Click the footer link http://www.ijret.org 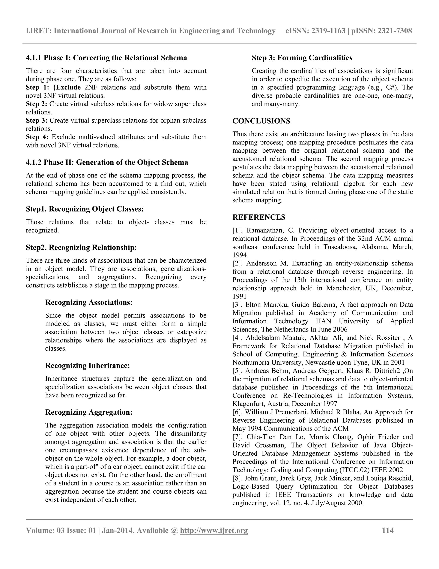click(x=214, y=530)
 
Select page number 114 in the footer click(x=388, y=530)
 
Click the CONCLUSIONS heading click(x=261, y=121)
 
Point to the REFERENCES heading click(x=259, y=217)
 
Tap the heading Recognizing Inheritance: click(x=87, y=365)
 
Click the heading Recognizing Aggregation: click(x=89, y=412)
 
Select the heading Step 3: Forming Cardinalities click(x=302, y=58)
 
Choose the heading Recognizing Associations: click(x=89, y=302)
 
